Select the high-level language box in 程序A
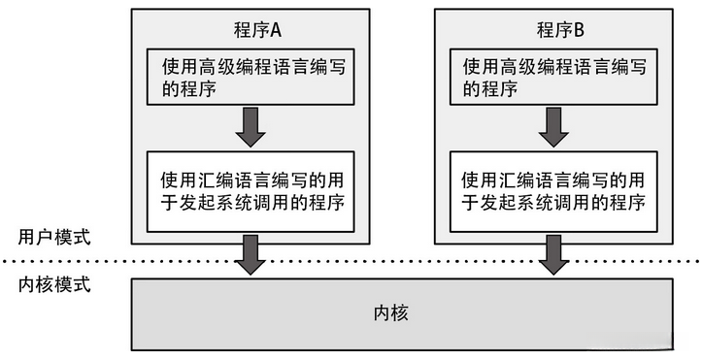251,79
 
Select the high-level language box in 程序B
553,79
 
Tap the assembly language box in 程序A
251,191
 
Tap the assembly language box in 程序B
553,191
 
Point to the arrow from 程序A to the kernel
251,254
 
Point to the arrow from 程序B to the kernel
553,254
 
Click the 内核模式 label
55,286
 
